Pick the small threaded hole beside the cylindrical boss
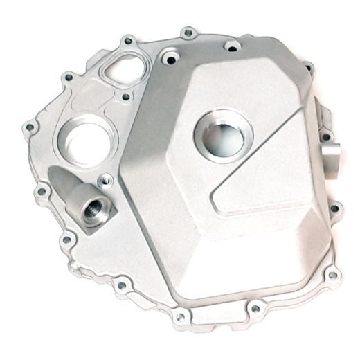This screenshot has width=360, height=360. point(107,181)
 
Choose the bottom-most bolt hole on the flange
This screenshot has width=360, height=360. point(181,317)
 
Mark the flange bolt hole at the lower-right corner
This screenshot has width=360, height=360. point(334,276)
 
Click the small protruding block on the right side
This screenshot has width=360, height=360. point(329,147)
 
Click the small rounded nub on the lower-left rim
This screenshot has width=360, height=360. point(73,266)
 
